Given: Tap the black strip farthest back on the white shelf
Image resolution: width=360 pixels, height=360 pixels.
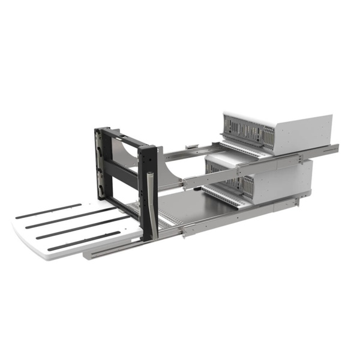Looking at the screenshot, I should [x=48, y=211].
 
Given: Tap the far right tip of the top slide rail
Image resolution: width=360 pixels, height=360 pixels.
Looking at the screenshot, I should [x=337, y=147].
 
